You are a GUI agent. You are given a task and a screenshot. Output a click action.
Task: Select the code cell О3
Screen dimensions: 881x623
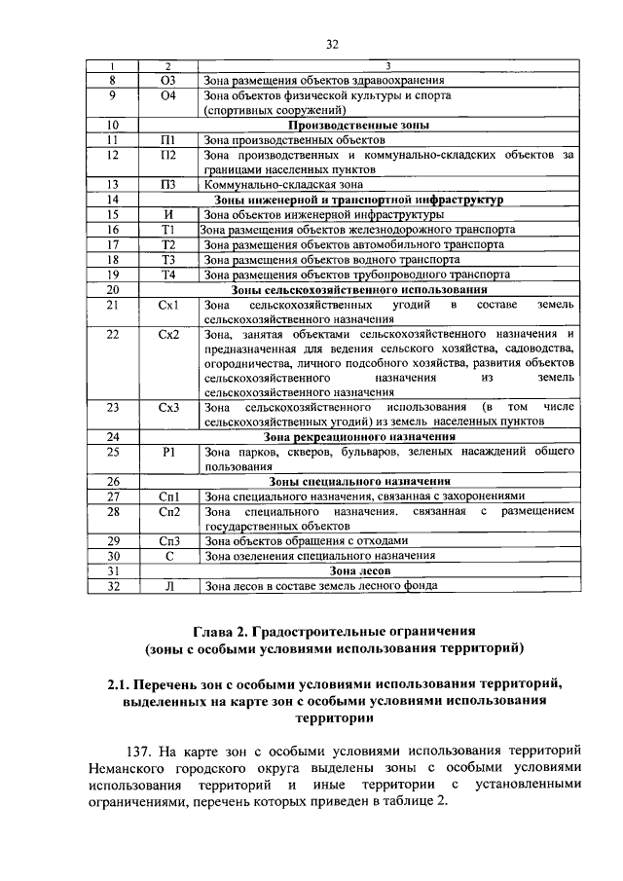pos(169,80)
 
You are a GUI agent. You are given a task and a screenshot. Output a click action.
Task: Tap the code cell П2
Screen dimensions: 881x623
pos(169,155)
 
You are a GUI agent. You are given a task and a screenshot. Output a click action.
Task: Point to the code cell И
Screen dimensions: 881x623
pos(169,214)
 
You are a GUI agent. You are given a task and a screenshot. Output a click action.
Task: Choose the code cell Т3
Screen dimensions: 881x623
pos(169,260)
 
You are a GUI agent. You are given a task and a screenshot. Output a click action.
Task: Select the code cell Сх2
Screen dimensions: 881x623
pos(169,335)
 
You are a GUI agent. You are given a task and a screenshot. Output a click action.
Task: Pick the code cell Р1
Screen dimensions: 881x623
pos(169,452)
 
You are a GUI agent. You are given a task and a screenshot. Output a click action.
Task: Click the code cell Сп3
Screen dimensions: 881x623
pos(169,540)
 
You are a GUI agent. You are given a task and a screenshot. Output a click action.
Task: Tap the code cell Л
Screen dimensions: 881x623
pos(169,586)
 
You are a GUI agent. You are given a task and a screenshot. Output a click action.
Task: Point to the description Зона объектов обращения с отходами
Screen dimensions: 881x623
pos(299,540)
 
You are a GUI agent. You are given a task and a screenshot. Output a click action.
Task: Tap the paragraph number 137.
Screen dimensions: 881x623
pos(147,750)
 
